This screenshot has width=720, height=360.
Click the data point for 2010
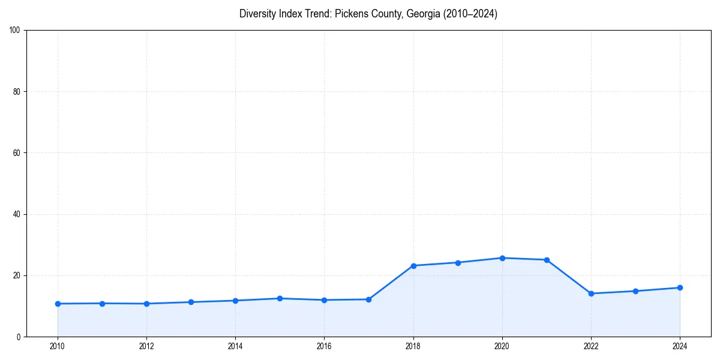(58, 304)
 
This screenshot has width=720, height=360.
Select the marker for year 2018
(413, 265)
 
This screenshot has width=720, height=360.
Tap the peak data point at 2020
(502, 258)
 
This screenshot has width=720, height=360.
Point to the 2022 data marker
(591, 293)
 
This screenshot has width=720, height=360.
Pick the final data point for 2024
(680, 287)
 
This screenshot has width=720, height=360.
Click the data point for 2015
(280, 298)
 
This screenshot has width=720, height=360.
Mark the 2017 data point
(368, 299)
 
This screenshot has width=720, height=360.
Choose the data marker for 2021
(547, 260)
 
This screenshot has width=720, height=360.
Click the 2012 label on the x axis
(146, 346)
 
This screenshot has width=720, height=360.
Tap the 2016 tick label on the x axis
(324, 346)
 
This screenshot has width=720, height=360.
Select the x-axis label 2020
(502, 346)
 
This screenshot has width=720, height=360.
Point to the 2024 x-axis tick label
(680, 346)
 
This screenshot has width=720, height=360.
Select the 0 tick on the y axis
(19, 337)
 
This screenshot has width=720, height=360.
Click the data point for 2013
(191, 302)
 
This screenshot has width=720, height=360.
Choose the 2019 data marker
(458, 262)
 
